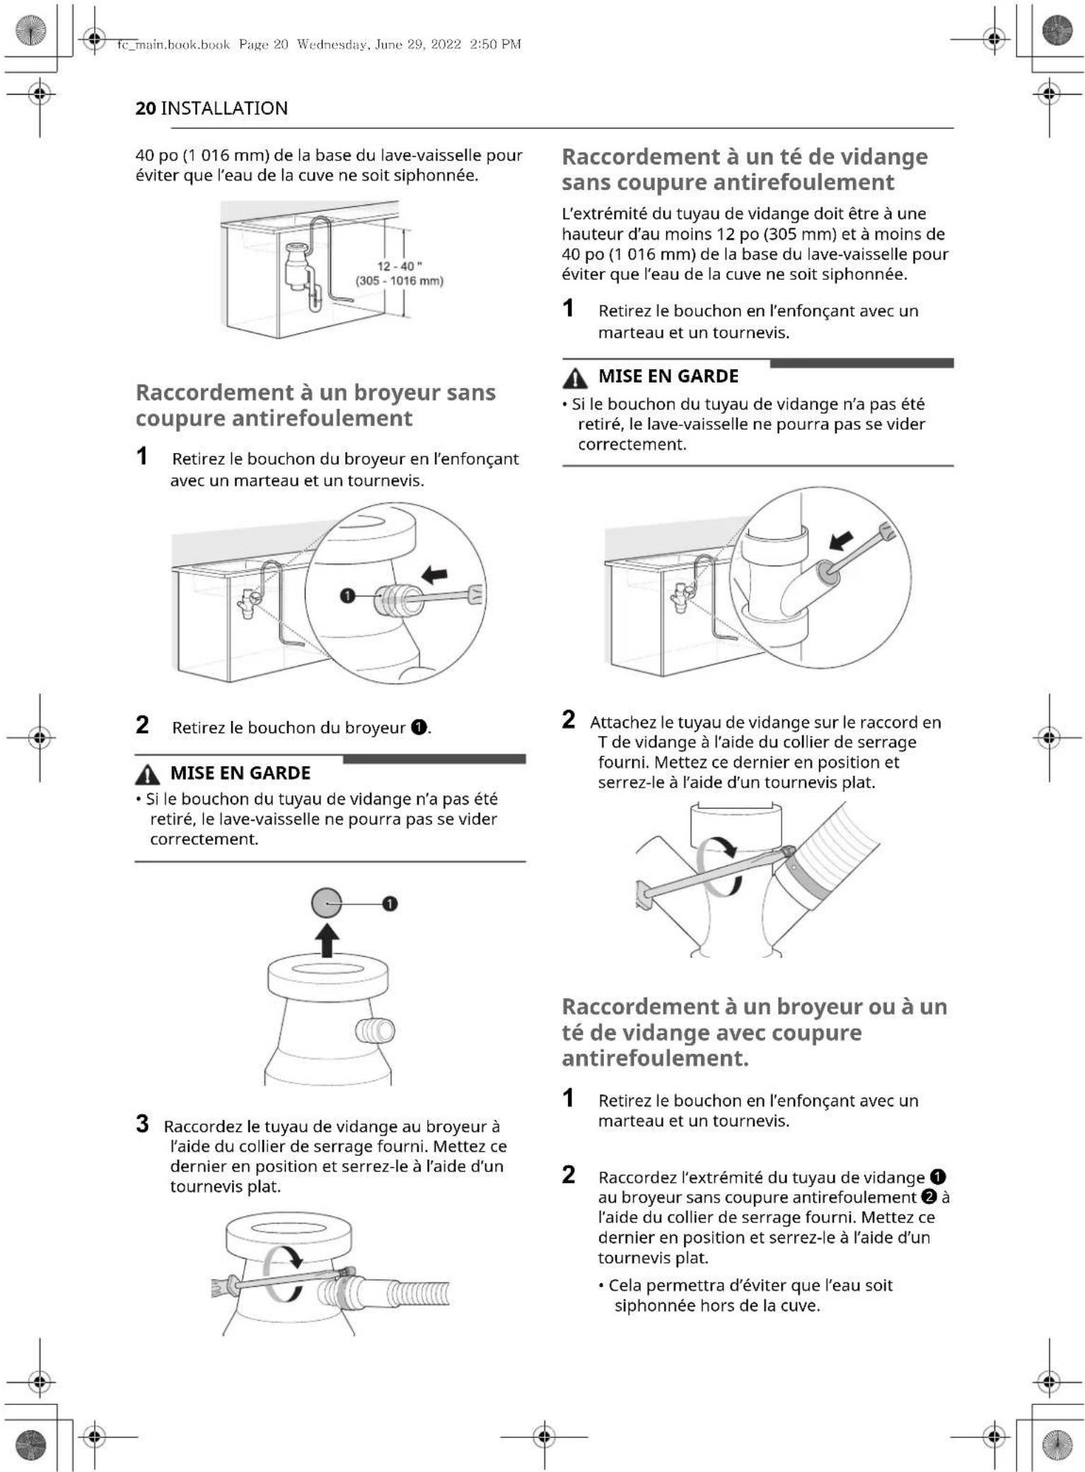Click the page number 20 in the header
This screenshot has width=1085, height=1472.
click(x=145, y=108)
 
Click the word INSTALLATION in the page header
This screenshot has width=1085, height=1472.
click(x=224, y=108)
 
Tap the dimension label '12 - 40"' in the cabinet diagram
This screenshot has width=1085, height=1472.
click(x=400, y=267)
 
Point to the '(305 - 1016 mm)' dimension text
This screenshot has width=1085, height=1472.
click(x=400, y=281)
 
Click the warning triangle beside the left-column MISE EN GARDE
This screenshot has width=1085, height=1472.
click(x=147, y=775)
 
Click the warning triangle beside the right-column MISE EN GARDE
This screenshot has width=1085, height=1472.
click(x=575, y=379)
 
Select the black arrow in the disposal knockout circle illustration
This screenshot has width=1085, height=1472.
click(x=434, y=574)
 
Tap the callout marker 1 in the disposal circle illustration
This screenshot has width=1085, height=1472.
click(x=347, y=596)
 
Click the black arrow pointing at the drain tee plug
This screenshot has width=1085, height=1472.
click(x=841, y=541)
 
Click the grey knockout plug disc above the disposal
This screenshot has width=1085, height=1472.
click(x=326, y=903)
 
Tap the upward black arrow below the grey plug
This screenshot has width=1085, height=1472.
click(x=327, y=942)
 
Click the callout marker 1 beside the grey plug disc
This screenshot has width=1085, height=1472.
click(x=390, y=904)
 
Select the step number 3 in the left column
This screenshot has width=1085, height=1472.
click(x=142, y=1123)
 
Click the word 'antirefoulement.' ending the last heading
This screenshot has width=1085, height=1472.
click(x=655, y=1058)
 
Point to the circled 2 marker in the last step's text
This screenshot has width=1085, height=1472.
click(x=929, y=1197)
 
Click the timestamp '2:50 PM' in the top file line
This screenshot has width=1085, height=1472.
click(x=495, y=45)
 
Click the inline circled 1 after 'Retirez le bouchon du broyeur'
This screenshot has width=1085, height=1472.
click(x=419, y=728)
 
